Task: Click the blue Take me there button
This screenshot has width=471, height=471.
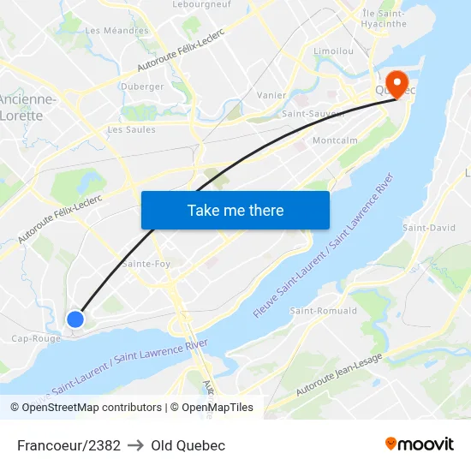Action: (x=235, y=210)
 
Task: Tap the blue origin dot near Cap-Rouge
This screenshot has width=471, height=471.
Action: (x=75, y=319)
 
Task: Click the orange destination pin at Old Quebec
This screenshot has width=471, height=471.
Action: (x=396, y=82)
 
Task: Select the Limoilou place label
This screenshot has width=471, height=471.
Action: (x=334, y=51)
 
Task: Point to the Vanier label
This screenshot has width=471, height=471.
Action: (x=271, y=95)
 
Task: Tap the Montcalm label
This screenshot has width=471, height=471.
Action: (x=335, y=140)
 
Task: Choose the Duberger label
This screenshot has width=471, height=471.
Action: (x=142, y=86)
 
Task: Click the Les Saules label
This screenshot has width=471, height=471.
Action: (x=131, y=130)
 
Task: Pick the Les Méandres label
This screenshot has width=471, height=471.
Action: (x=116, y=31)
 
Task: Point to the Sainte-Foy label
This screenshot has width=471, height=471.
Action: (x=146, y=264)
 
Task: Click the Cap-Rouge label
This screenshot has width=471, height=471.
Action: (x=35, y=338)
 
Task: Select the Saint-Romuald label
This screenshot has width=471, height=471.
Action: (x=324, y=311)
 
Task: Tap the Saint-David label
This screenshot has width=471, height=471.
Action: (x=429, y=228)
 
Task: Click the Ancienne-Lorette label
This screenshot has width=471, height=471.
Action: (x=27, y=107)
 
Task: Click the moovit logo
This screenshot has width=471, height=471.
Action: (x=420, y=444)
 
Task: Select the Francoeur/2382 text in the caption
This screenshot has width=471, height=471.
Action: (x=69, y=445)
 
